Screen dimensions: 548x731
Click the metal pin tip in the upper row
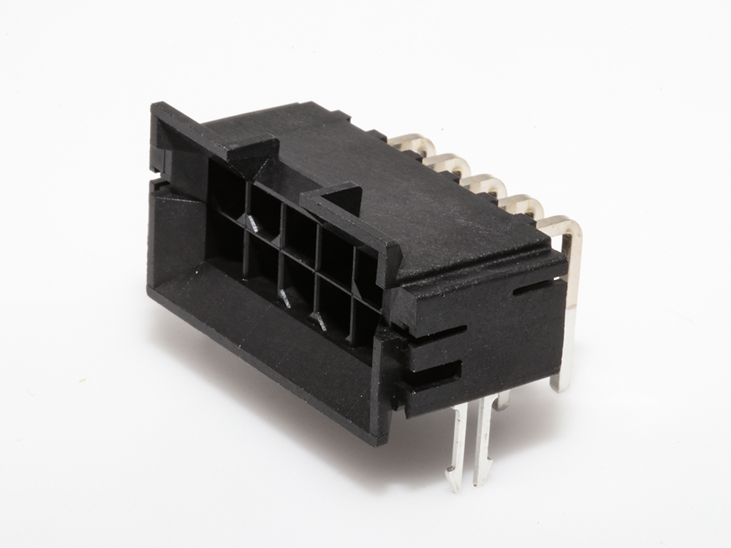pyautogui.click(x=251, y=222)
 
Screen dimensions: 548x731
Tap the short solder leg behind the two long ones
pyautogui.click(x=501, y=400)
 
